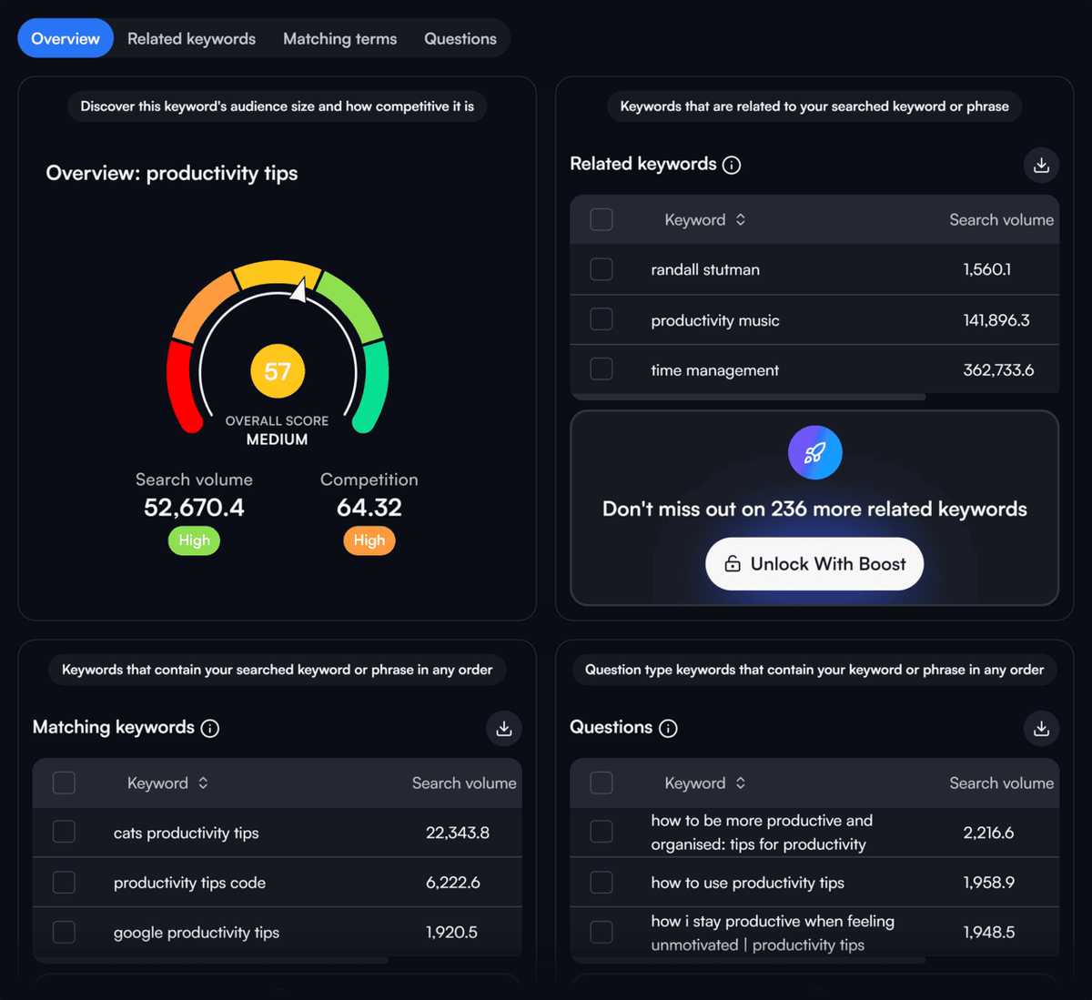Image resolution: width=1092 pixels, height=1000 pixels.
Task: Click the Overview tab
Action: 66,38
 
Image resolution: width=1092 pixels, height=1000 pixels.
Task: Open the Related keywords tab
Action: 191,38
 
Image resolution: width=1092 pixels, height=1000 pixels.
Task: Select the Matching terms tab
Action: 339,38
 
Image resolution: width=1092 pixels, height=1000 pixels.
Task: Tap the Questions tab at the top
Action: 460,38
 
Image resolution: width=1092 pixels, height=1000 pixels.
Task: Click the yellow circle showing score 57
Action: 278,371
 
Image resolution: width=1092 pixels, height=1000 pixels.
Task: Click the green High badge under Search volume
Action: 195,540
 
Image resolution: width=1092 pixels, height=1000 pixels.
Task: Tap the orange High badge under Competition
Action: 369,540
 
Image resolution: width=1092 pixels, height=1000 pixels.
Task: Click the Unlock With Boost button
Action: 814,564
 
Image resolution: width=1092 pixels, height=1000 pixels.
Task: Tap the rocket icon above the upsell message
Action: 815,452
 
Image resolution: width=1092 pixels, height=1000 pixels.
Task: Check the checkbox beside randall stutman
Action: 602,269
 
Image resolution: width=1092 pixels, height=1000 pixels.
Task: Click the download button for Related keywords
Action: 1041,165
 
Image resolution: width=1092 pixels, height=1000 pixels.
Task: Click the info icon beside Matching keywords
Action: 210,728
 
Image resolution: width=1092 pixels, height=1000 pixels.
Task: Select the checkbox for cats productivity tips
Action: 65,833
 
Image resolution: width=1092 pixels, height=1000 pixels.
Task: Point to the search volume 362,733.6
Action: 998,370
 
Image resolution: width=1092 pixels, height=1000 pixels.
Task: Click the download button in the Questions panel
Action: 1041,728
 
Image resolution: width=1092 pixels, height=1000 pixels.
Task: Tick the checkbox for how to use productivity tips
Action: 602,883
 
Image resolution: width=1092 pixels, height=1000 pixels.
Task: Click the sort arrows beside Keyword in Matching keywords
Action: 203,783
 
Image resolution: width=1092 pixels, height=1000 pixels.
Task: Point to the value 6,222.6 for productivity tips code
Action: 453,883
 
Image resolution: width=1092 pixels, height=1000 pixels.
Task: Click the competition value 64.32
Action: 369,508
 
